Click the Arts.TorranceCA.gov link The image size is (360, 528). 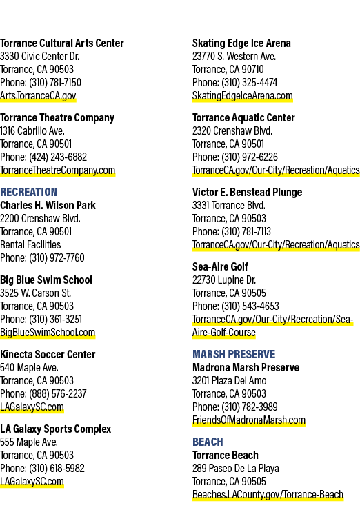38,96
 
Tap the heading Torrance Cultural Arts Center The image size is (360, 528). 62,43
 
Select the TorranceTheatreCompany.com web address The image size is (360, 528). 57,170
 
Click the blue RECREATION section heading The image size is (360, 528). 28,192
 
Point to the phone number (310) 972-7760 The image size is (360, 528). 57,257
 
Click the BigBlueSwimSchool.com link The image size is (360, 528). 48,333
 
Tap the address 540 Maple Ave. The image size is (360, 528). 29,367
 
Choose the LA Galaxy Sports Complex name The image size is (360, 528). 55,429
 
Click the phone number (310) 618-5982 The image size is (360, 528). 57,468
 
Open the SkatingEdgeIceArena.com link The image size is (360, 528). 243,96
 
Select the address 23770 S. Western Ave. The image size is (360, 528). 234,56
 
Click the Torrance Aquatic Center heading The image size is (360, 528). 243,117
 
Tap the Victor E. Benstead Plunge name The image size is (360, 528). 248,192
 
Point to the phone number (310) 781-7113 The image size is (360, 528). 246,231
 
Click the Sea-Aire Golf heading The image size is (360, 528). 220,266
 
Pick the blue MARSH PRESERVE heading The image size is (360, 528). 234,354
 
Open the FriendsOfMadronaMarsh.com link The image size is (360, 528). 249,420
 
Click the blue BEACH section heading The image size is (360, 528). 208,442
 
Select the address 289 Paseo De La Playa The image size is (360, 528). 235,468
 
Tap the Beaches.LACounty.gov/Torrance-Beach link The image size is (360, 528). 268,494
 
